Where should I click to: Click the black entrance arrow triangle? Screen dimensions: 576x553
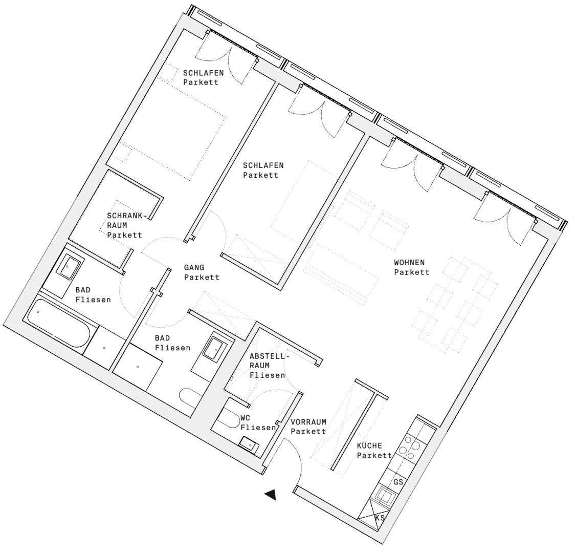tap(271, 495)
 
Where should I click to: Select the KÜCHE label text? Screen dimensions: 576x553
tap(369, 445)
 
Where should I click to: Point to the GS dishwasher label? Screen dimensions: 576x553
tap(398, 482)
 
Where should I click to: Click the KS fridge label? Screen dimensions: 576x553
tap(380, 518)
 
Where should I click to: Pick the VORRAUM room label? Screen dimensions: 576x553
tap(308, 422)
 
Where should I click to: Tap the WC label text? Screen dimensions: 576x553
tap(245, 418)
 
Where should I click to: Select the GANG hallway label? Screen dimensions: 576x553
tap(194, 268)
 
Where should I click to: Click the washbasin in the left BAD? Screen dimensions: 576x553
tap(70, 267)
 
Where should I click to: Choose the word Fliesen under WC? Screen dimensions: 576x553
tap(258, 428)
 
